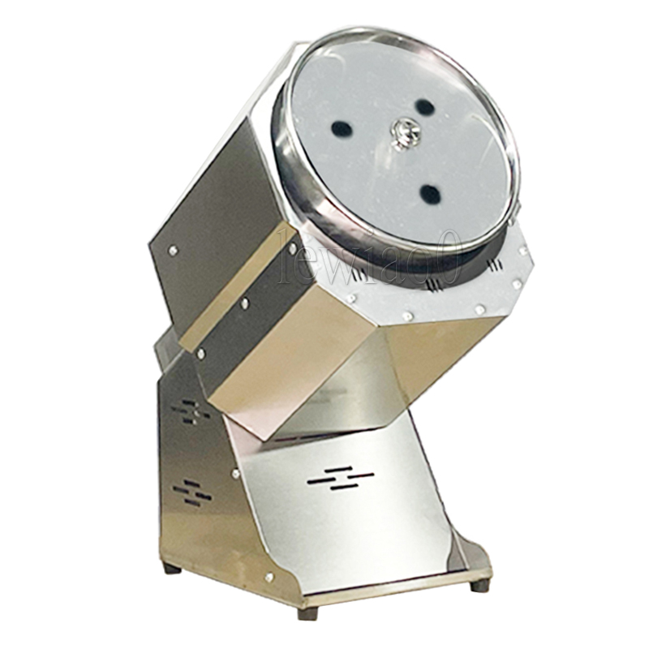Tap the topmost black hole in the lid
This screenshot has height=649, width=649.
click(423, 106)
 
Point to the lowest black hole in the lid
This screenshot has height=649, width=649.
click(430, 194)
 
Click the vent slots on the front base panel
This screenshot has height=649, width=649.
click(341, 478)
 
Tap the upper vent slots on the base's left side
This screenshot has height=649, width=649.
click(192, 411)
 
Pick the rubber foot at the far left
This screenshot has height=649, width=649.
click(171, 568)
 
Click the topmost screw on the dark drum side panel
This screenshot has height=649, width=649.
click(173, 251)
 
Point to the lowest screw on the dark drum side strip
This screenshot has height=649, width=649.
click(201, 355)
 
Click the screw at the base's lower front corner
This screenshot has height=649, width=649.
click(269, 577)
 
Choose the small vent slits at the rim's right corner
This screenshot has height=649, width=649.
click(494, 265)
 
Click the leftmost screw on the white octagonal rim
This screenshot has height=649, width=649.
click(350, 299)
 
